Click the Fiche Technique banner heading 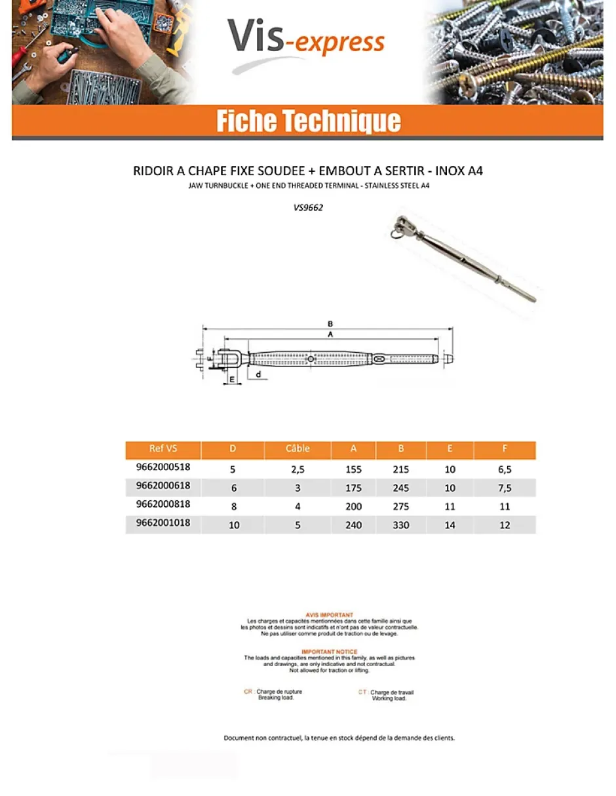coord(308,122)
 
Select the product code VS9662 coord(308,208)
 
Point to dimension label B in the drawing coord(330,323)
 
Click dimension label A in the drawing coord(330,334)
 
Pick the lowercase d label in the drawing coord(259,374)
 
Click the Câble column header coord(298,449)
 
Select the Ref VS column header coord(163,449)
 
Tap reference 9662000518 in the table coord(163,468)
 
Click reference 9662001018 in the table coord(163,523)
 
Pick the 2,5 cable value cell coord(298,469)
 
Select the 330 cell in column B coord(400,525)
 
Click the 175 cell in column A coord(353,488)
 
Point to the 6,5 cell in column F coord(505,469)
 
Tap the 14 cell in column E coord(450,525)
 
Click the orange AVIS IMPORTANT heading coord(329,615)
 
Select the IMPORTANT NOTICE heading coord(329,652)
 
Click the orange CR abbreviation coord(248,692)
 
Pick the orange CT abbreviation coord(362,692)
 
